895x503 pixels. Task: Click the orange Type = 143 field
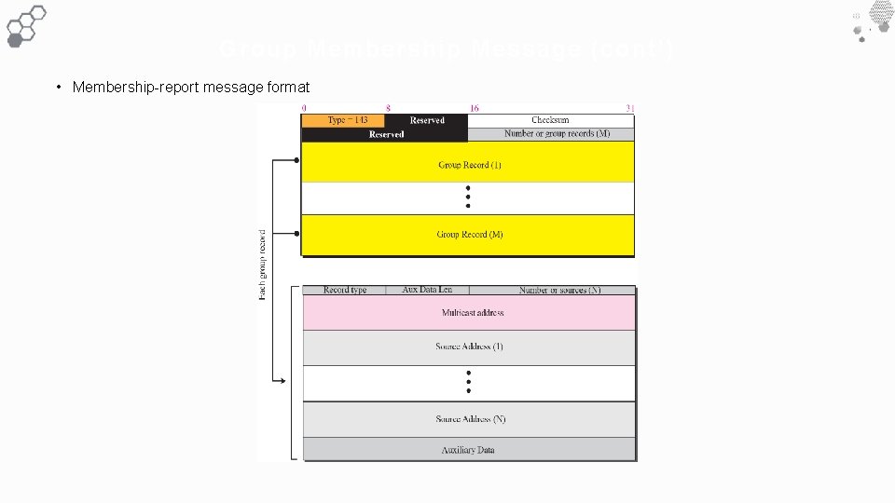point(342,120)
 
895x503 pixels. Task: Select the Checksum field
point(550,120)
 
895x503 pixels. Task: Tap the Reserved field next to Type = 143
point(426,120)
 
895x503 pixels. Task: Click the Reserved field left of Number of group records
point(386,134)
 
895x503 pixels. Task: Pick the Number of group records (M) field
point(557,134)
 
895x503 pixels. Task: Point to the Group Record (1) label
point(470,165)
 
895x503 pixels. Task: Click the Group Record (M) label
point(470,235)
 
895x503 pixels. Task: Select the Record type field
point(345,291)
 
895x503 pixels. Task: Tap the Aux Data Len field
point(427,291)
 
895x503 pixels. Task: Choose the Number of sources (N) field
point(559,291)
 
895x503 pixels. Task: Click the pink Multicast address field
point(473,313)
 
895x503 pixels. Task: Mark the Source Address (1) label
point(469,347)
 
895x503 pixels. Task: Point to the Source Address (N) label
point(470,419)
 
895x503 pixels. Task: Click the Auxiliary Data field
point(468,450)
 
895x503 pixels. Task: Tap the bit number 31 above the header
point(630,109)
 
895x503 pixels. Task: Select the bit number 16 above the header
point(475,109)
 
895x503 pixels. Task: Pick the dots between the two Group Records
point(468,197)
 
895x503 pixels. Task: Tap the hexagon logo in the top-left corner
point(25,24)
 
